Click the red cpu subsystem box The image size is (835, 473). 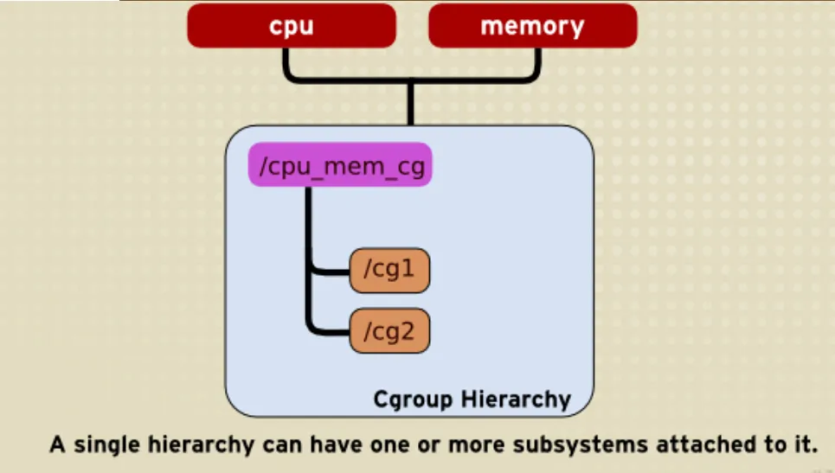tap(292, 26)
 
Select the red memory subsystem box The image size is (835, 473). tap(532, 26)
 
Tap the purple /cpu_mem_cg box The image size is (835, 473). tap(340, 164)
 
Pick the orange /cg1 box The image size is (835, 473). tap(389, 271)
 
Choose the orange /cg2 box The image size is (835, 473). tap(389, 331)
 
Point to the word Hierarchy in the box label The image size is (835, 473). tap(516, 399)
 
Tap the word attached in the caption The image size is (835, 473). tap(705, 444)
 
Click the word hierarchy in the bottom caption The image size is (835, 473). tap(202, 444)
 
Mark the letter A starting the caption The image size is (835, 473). tap(57, 444)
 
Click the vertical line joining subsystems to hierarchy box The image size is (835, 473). tap(410, 103)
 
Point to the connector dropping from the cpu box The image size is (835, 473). tap(286, 64)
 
